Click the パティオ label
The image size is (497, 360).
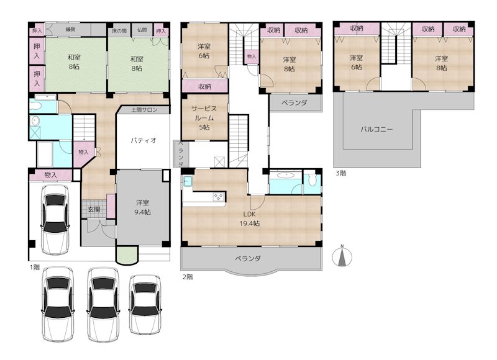click(144, 140)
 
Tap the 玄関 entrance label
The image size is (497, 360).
click(94, 209)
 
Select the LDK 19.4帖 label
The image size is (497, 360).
click(250, 218)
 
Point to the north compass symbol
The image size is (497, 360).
click(342, 256)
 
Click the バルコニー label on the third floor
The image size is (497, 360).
click(376, 129)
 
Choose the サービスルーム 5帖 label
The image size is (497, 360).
click(204, 118)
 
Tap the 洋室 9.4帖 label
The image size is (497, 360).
click(143, 207)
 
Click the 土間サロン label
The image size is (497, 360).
click(144, 110)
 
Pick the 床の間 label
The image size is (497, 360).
click(119, 30)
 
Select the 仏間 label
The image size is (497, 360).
click(142, 30)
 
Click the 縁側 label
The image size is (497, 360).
click(70, 29)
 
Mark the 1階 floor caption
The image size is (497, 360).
click(35, 267)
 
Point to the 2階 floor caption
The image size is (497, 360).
click(188, 277)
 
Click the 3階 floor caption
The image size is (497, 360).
click(341, 173)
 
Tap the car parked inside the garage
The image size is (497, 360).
click(55, 220)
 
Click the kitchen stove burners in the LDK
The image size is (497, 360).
click(219, 197)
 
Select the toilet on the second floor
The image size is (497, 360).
click(312, 180)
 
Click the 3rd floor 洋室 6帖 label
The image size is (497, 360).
click(356, 62)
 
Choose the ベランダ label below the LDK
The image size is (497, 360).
click(248, 258)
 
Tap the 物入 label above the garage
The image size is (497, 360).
click(50, 174)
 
